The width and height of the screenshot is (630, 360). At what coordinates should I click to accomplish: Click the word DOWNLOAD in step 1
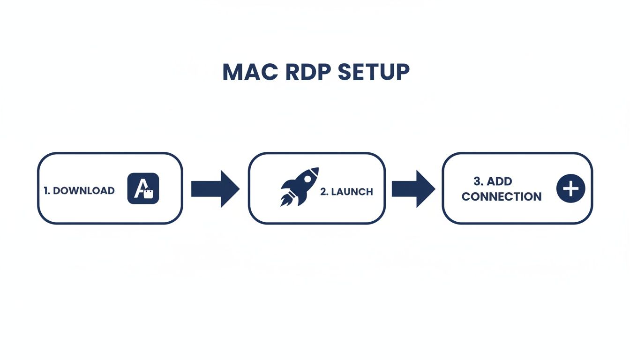coord(84,191)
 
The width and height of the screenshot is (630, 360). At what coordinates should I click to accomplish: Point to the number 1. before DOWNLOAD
coord(47,191)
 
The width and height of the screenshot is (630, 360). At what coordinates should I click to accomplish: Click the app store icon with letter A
coord(143,188)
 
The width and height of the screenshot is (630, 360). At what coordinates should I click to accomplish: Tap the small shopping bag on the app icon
coord(149,194)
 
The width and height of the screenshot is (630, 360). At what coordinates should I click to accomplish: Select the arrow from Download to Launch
coord(215,188)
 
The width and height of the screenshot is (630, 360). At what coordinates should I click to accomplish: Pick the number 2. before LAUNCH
coord(324,192)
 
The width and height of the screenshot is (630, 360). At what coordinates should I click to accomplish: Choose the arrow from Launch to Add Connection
coord(413,188)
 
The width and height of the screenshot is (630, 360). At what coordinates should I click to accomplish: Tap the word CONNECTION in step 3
coord(501,197)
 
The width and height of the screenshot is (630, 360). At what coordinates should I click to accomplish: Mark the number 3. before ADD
coord(479,181)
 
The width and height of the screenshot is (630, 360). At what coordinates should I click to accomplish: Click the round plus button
coord(570,189)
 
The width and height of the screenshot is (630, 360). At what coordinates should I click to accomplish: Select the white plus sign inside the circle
coord(570,189)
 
